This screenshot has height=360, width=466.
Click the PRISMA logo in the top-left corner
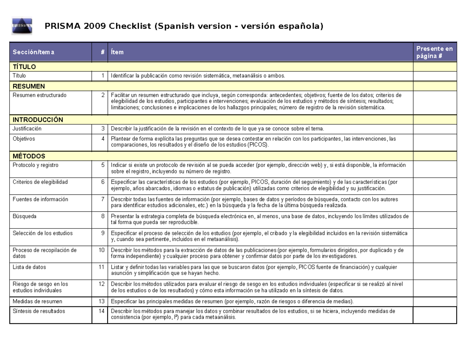point(22,26)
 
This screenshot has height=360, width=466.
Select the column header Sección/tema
point(33,52)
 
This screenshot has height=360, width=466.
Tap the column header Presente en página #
point(434,52)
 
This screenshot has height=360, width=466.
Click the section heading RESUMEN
point(29,86)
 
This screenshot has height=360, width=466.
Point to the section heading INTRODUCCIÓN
point(38,120)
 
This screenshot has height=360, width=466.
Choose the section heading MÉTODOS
point(29,156)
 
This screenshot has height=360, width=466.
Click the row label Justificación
point(27,129)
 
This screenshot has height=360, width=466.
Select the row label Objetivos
point(24,139)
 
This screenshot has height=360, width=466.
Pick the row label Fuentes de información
point(40,199)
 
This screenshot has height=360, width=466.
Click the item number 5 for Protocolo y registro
point(103,165)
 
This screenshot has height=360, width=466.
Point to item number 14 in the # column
point(101,311)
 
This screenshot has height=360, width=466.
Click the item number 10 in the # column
point(101,250)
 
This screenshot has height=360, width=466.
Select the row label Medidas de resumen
point(37,301)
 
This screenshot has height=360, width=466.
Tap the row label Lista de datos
point(29,267)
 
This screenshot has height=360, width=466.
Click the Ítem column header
point(117,52)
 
